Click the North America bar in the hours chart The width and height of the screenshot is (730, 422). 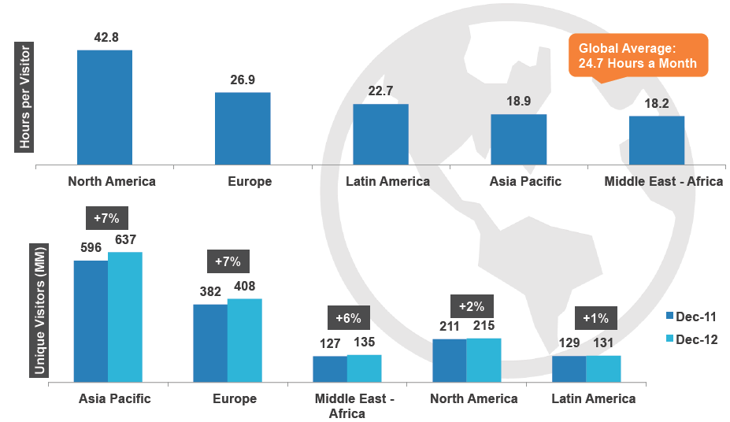(x=104, y=108)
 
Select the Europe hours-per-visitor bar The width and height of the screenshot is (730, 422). (x=243, y=129)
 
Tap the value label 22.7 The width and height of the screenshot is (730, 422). (x=380, y=91)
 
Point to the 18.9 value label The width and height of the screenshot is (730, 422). (x=518, y=102)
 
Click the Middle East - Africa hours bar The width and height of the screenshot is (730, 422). (x=656, y=141)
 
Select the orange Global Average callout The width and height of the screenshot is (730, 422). (x=638, y=55)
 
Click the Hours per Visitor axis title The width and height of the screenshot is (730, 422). (x=26, y=97)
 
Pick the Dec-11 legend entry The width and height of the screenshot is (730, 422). (x=691, y=316)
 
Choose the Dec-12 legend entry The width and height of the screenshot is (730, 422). (x=691, y=339)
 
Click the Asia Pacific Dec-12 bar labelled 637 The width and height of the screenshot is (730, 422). (x=124, y=317)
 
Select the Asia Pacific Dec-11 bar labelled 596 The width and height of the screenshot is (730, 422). (x=91, y=321)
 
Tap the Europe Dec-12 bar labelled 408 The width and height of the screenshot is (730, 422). (x=244, y=340)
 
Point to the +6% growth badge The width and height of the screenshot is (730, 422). (x=347, y=319)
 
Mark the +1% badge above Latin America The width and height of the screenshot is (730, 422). (x=595, y=319)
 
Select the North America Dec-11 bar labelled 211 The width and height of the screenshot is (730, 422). (x=449, y=361)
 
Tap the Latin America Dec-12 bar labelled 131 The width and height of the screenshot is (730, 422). (x=603, y=368)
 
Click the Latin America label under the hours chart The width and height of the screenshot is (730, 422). (x=387, y=181)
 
